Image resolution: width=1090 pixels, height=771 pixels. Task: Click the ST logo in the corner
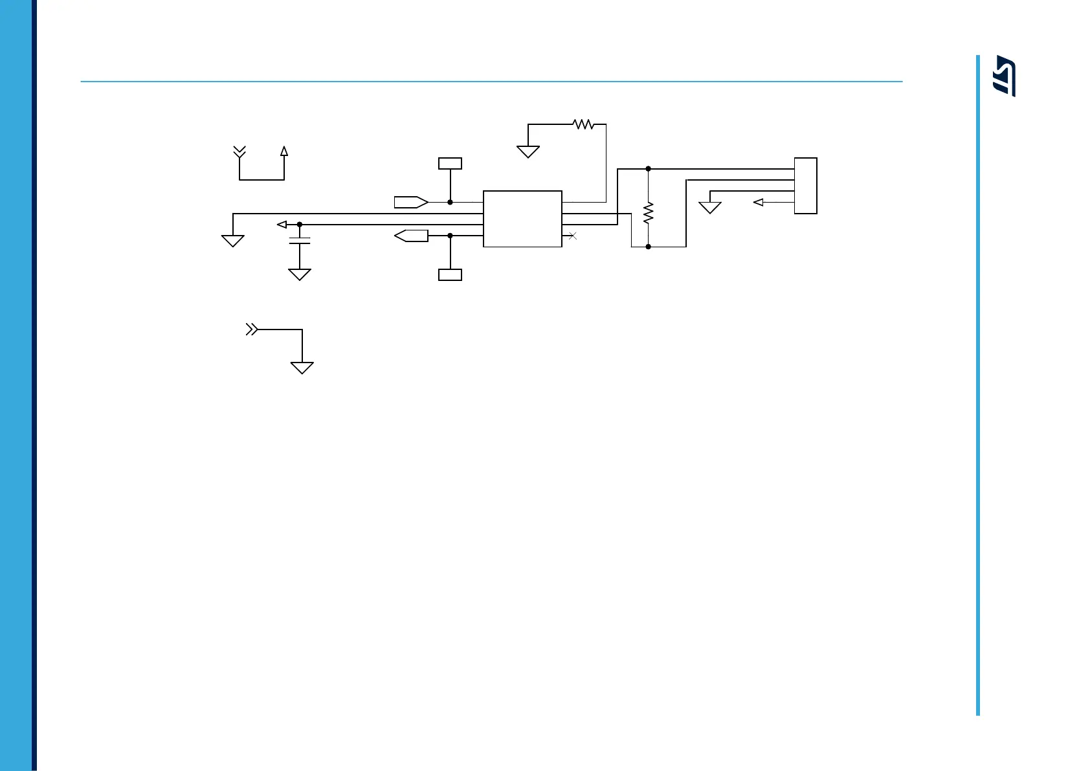click(x=1005, y=76)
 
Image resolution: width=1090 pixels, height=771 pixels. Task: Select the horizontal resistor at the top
click(x=583, y=124)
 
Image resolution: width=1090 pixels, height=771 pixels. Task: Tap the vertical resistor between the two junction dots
click(x=648, y=213)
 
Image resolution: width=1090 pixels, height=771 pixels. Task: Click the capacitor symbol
click(x=300, y=241)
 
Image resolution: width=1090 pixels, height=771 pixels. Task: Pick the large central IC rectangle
click(x=522, y=219)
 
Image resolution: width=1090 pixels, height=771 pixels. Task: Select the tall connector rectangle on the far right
click(x=806, y=185)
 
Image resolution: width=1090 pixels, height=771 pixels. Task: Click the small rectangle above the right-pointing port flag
click(x=450, y=163)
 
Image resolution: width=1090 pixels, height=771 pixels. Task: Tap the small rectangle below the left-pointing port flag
click(x=450, y=274)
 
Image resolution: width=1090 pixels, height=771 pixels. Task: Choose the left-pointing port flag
click(x=411, y=236)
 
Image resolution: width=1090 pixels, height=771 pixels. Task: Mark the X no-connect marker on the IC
click(x=572, y=236)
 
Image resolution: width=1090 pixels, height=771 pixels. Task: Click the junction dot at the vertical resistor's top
click(x=648, y=169)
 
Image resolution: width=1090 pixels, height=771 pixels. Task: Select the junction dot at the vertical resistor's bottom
click(x=648, y=247)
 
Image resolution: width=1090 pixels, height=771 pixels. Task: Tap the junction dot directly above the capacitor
click(x=300, y=225)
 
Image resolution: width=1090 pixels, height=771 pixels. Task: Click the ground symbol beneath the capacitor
click(x=299, y=274)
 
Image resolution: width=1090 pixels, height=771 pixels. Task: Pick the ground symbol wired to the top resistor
click(x=528, y=151)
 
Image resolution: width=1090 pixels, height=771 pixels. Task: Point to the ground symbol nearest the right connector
click(x=710, y=208)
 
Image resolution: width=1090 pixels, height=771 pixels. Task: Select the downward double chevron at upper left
click(x=239, y=152)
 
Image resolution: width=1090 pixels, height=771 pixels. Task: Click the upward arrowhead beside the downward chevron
click(x=284, y=151)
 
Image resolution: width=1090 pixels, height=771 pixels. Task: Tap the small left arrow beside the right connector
click(x=759, y=203)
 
